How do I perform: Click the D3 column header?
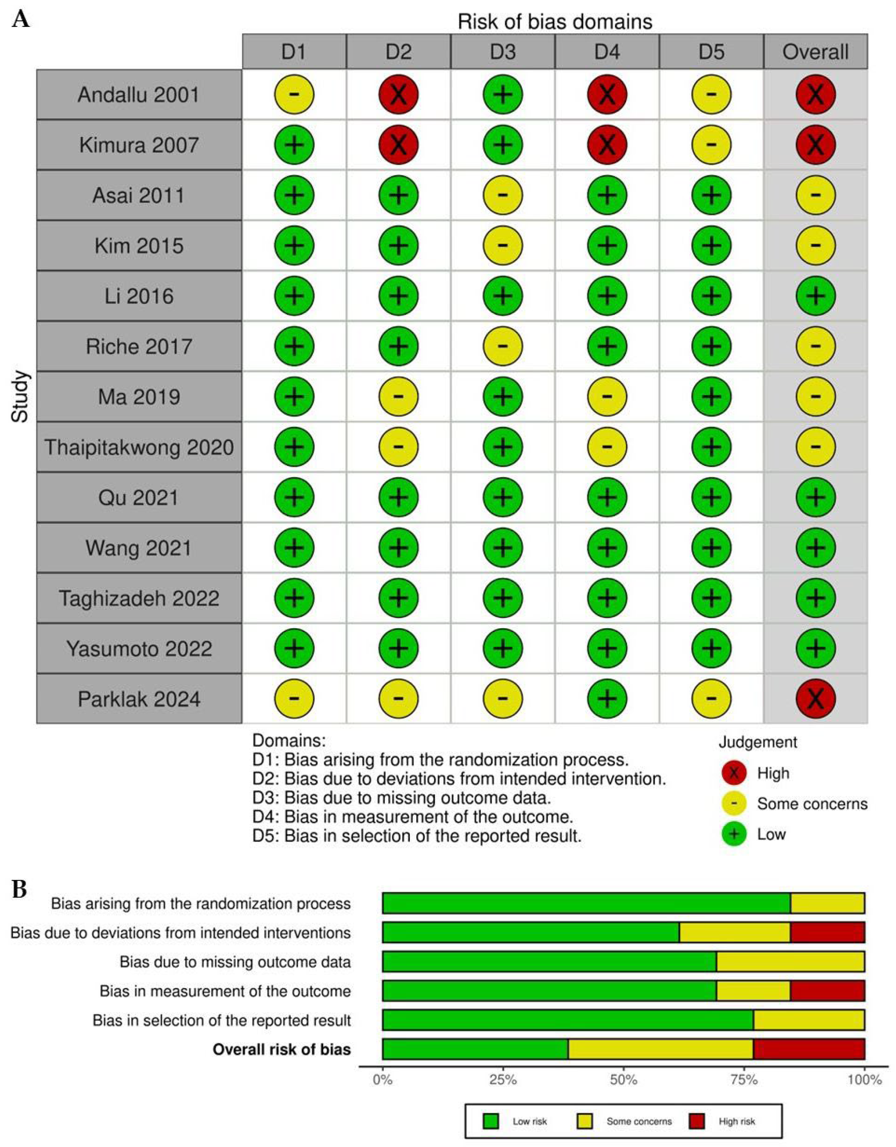click(502, 52)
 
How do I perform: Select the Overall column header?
click(815, 52)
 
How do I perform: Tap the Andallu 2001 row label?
click(139, 95)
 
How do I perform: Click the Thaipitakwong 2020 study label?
click(139, 447)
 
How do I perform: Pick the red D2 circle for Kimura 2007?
click(398, 145)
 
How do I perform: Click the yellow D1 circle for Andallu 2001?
click(294, 95)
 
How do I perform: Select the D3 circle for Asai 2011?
click(502, 195)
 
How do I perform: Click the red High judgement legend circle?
click(734, 773)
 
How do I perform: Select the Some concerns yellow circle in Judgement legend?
click(734, 804)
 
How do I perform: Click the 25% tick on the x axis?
click(503, 1080)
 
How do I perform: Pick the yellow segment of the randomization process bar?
click(827, 903)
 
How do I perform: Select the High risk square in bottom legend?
click(697, 1121)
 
